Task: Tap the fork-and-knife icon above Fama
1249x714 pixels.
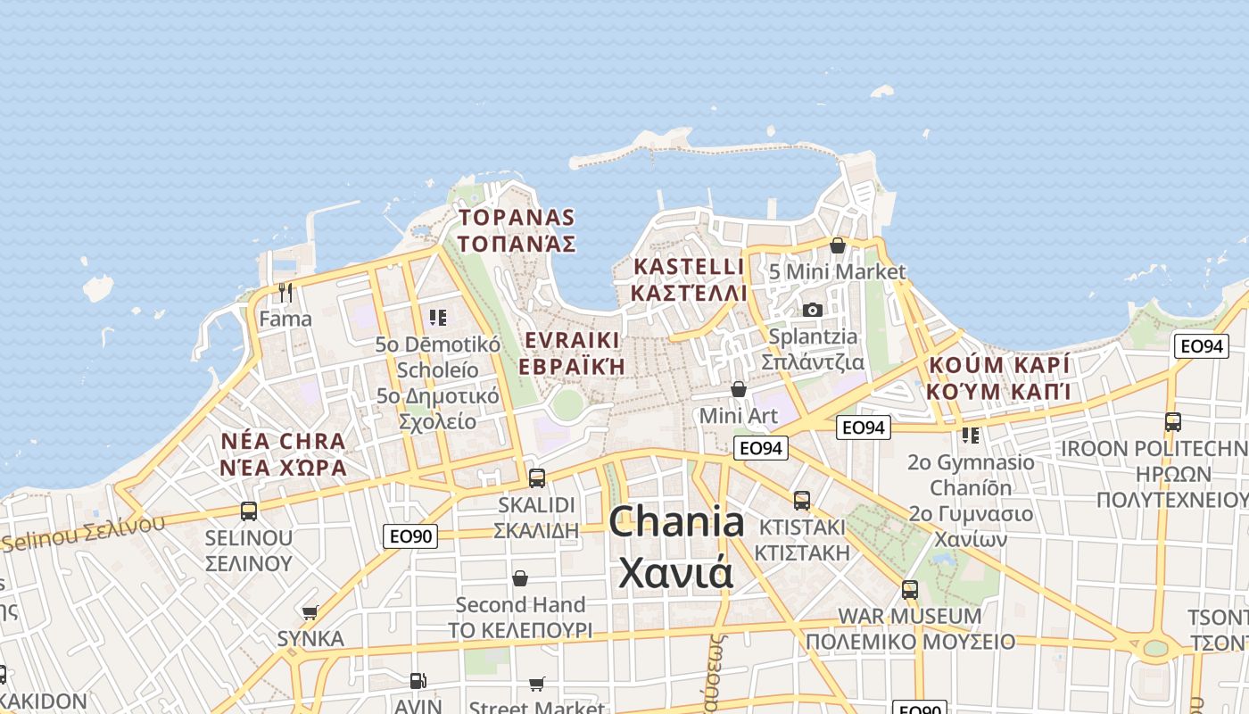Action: pyautogui.click(x=285, y=292)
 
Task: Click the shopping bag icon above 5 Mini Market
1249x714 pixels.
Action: pyautogui.click(x=837, y=245)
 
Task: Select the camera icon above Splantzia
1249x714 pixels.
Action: pyautogui.click(x=812, y=310)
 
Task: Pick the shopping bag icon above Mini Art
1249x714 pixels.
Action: pyautogui.click(x=738, y=389)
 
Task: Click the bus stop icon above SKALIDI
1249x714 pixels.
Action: pyautogui.click(x=536, y=477)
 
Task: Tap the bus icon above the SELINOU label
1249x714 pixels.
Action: pyautogui.click(x=249, y=511)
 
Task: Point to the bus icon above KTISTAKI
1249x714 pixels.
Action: pyautogui.click(x=801, y=500)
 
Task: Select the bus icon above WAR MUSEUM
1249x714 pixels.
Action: pyautogui.click(x=909, y=589)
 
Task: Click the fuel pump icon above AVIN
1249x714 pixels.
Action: pyautogui.click(x=418, y=681)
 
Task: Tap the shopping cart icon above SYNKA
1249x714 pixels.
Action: pyautogui.click(x=310, y=612)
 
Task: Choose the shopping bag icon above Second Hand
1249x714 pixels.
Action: pyautogui.click(x=520, y=578)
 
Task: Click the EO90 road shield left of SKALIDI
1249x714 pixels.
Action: pyautogui.click(x=410, y=536)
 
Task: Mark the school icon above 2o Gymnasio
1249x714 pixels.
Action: pyautogui.click(x=970, y=436)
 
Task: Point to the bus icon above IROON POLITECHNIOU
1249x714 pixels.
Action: pyautogui.click(x=1172, y=422)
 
